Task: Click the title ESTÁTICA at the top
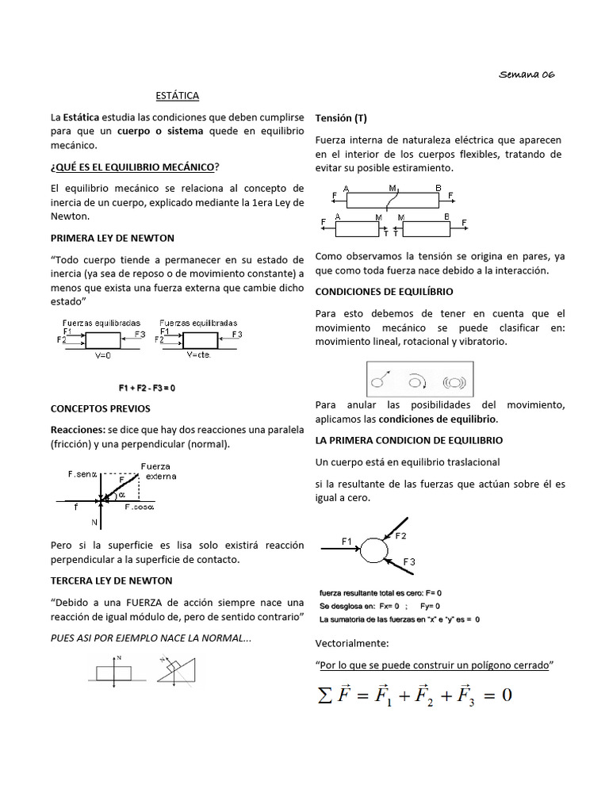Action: click(x=177, y=96)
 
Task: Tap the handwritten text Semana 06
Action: click(x=527, y=74)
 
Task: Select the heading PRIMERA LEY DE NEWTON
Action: click(x=113, y=238)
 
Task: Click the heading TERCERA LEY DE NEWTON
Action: click(x=112, y=580)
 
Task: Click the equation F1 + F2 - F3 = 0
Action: click(x=147, y=388)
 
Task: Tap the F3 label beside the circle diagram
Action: click(x=409, y=562)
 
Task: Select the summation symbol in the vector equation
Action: click(x=324, y=695)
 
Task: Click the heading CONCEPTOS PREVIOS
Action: click(x=100, y=408)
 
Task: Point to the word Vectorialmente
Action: click(x=352, y=642)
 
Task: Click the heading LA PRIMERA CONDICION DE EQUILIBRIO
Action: click(x=408, y=440)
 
